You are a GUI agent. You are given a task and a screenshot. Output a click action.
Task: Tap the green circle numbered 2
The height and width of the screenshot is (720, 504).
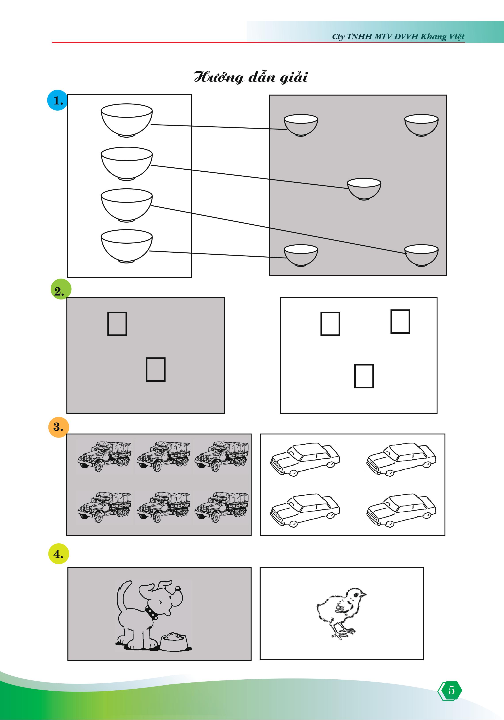point(61,289)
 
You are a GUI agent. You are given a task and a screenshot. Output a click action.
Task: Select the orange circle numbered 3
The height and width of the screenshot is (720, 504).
point(59,427)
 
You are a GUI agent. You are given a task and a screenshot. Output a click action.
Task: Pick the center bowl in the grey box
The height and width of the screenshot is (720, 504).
point(364,189)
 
